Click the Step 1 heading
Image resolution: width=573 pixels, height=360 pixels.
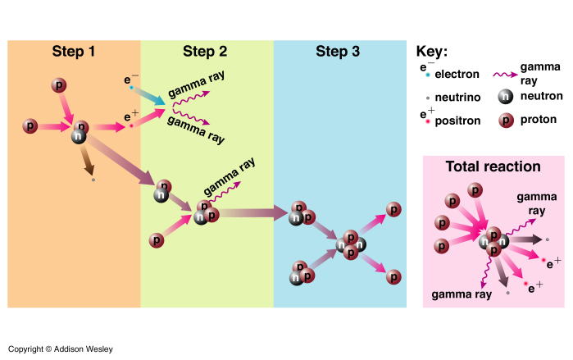74,52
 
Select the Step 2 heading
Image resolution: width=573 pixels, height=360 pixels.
205,52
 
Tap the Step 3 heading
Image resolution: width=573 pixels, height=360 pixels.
337,52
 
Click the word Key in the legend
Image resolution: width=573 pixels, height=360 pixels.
432,51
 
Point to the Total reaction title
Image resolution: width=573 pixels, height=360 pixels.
493,166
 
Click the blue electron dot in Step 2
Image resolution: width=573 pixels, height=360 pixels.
131,87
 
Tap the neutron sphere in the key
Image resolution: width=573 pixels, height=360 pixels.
506,96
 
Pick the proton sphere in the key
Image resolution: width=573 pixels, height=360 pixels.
506,121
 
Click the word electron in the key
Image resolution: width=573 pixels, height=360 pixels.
457,75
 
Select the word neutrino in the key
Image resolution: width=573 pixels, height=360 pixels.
457,97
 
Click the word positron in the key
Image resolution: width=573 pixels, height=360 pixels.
457,120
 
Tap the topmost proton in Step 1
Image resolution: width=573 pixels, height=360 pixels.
58,84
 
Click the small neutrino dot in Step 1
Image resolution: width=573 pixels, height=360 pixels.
93,179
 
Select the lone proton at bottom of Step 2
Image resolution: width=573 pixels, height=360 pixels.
156,240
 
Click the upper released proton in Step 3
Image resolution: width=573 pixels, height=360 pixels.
394,209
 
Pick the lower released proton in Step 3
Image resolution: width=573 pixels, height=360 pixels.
394,276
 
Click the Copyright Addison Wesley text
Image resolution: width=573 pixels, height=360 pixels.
61,349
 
